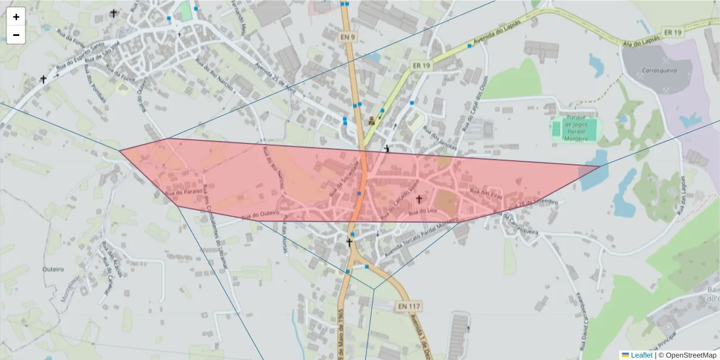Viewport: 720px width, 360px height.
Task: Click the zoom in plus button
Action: coord(16,17)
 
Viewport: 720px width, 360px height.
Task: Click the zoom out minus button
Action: coord(16,35)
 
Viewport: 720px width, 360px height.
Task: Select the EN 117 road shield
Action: coord(409,306)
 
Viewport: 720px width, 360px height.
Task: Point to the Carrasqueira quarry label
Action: coord(659,70)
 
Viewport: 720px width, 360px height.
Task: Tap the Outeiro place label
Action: coord(53,269)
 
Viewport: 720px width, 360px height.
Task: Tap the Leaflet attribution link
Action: coord(641,355)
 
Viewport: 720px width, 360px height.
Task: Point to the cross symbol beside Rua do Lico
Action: coord(419,199)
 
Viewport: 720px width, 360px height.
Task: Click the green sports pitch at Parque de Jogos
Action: coord(580,128)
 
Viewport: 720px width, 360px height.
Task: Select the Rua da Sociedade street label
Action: coord(344,178)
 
